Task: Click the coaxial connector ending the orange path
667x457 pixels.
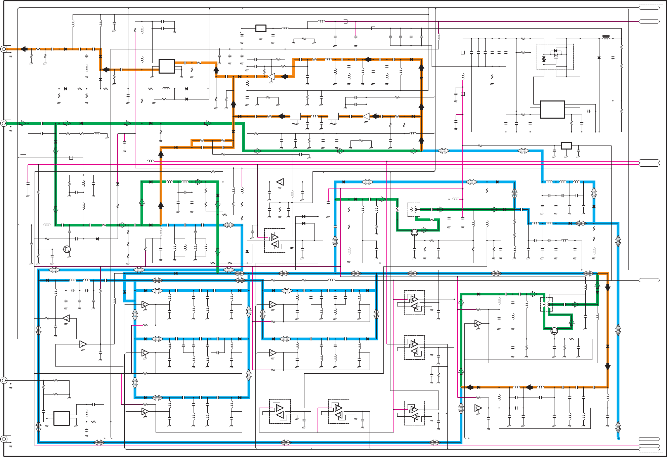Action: (x=4, y=49)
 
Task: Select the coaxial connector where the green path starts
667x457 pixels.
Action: (x=4, y=123)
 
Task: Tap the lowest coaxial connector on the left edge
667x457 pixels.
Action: (x=4, y=439)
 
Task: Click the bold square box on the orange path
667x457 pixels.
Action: (x=167, y=66)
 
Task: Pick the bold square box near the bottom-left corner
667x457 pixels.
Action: (x=61, y=418)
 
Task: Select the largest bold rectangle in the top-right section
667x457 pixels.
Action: (x=552, y=110)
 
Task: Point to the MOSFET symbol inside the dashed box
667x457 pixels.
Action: (x=556, y=54)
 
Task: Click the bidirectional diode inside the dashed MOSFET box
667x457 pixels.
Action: (x=544, y=59)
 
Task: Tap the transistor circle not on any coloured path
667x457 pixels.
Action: (x=67, y=249)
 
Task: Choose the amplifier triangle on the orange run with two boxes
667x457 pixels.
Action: (x=366, y=116)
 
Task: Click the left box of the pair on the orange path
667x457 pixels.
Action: (x=295, y=116)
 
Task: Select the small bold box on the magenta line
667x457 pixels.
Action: (x=566, y=146)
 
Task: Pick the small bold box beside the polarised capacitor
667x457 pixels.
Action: (x=261, y=29)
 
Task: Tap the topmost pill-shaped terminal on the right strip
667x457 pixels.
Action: (x=649, y=7)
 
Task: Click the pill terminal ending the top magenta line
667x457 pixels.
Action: (x=649, y=22)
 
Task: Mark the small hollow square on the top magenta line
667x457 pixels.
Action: (x=345, y=22)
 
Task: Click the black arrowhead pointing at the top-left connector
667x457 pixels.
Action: (x=24, y=49)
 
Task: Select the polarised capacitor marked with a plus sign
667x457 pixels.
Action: (x=242, y=35)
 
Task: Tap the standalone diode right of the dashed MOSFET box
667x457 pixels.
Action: (x=599, y=57)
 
